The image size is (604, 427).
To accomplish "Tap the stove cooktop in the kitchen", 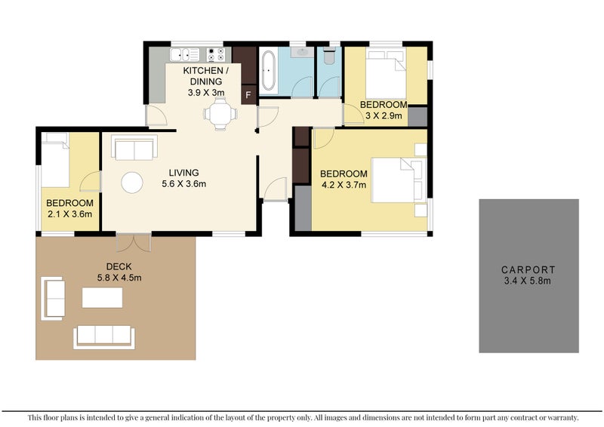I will click(x=215, y=54).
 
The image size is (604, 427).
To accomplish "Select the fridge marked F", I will click(x=247, y=94).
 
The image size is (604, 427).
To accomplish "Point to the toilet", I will click(x=328, y=57).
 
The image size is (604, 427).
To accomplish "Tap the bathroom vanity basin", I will click(x=302, y=53).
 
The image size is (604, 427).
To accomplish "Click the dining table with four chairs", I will click(x=220, y=115).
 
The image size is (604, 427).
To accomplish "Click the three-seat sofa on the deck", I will click(x=103, y=336).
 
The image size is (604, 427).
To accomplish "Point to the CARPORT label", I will click(x=528, y=269).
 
